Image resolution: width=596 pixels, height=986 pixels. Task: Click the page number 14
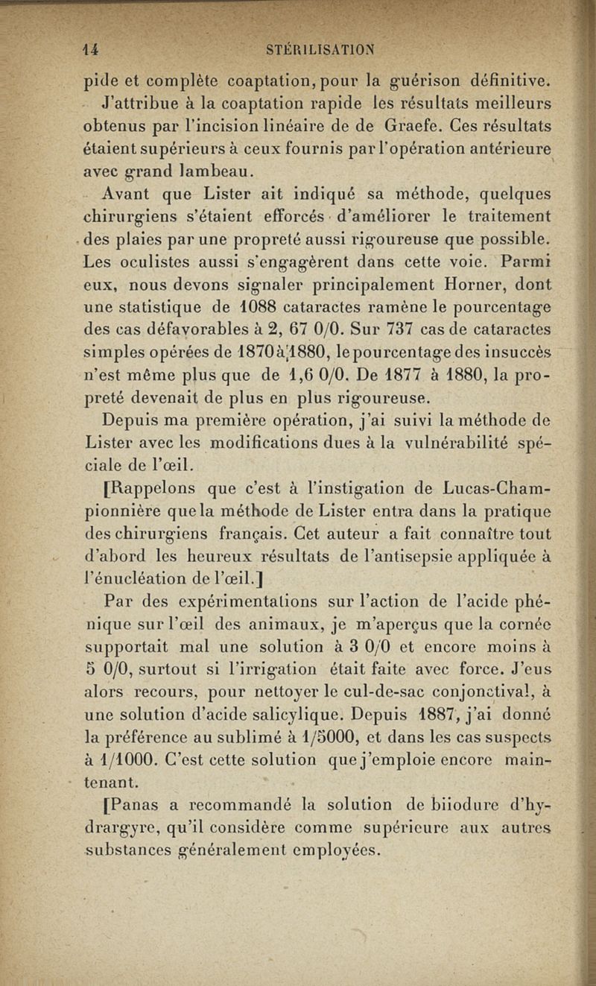pos(92,50)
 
